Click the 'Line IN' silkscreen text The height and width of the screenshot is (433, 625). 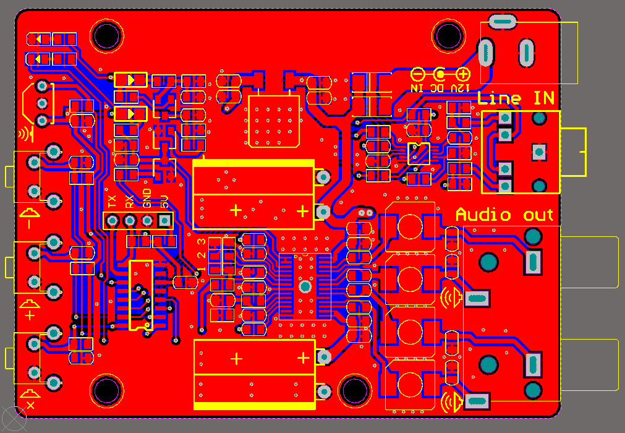coord(516,98)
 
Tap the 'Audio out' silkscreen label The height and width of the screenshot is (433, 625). coord(504,215)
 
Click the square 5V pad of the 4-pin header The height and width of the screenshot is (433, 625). coord(165,220)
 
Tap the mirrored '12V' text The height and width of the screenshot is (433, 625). coord(461,88)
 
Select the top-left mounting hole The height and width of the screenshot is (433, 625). coord(107,35)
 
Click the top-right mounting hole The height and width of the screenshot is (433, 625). coord(449,35)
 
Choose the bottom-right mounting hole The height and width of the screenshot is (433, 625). coord(354,390)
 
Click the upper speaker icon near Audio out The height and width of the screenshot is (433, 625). coord(452,298)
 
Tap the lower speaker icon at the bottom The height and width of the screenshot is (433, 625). coord(452,402)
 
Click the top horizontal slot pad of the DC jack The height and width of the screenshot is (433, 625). coord(502,22)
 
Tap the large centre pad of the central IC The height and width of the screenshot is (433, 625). coord(304,286)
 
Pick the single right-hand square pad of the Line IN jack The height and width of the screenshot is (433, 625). coord(538,152)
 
